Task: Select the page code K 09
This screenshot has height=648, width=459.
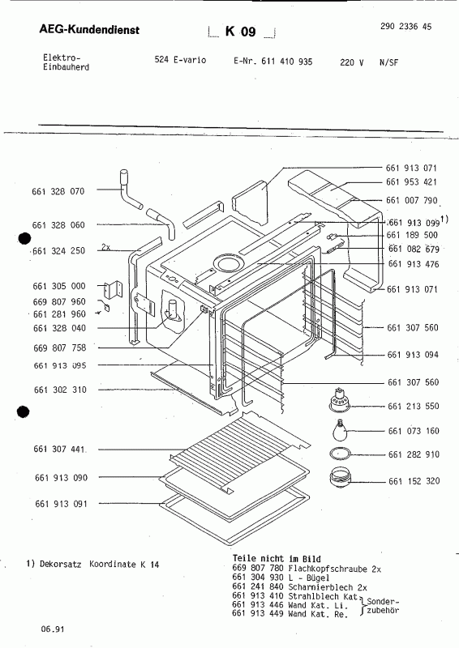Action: click(241, 32)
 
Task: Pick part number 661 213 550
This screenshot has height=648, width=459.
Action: click(411, 406)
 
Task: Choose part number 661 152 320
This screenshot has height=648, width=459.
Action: click(411, 481)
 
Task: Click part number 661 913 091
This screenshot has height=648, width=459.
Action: click(59, 505)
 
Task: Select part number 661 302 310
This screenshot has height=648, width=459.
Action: click(59, 390)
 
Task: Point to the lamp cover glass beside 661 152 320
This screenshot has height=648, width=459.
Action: click(340, 479)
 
